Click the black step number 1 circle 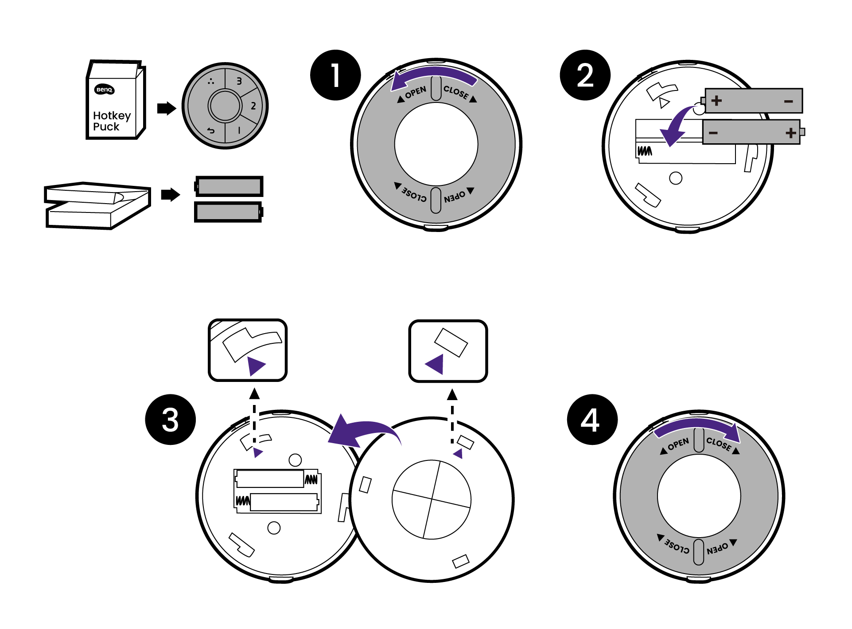335,75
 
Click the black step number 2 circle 585,75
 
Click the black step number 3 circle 171,420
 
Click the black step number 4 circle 592,420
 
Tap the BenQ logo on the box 105,90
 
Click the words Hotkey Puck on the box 111,121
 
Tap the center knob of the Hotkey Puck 225,106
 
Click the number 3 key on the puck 239,81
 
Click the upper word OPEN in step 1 416,92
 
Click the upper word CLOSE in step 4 718,443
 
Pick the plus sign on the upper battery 716,101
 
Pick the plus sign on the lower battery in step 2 790,133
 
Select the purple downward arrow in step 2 676,126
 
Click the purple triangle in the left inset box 256,366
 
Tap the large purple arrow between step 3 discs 361,432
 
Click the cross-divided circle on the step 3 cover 432,499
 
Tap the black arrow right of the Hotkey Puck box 167,108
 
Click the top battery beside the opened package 229,186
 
